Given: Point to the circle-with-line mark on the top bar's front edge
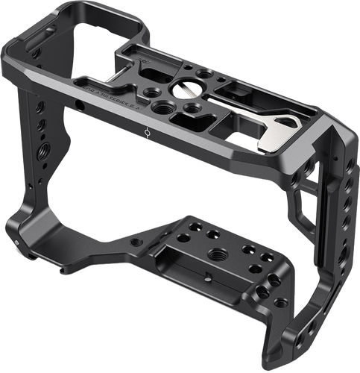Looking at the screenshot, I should point(146,132).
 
